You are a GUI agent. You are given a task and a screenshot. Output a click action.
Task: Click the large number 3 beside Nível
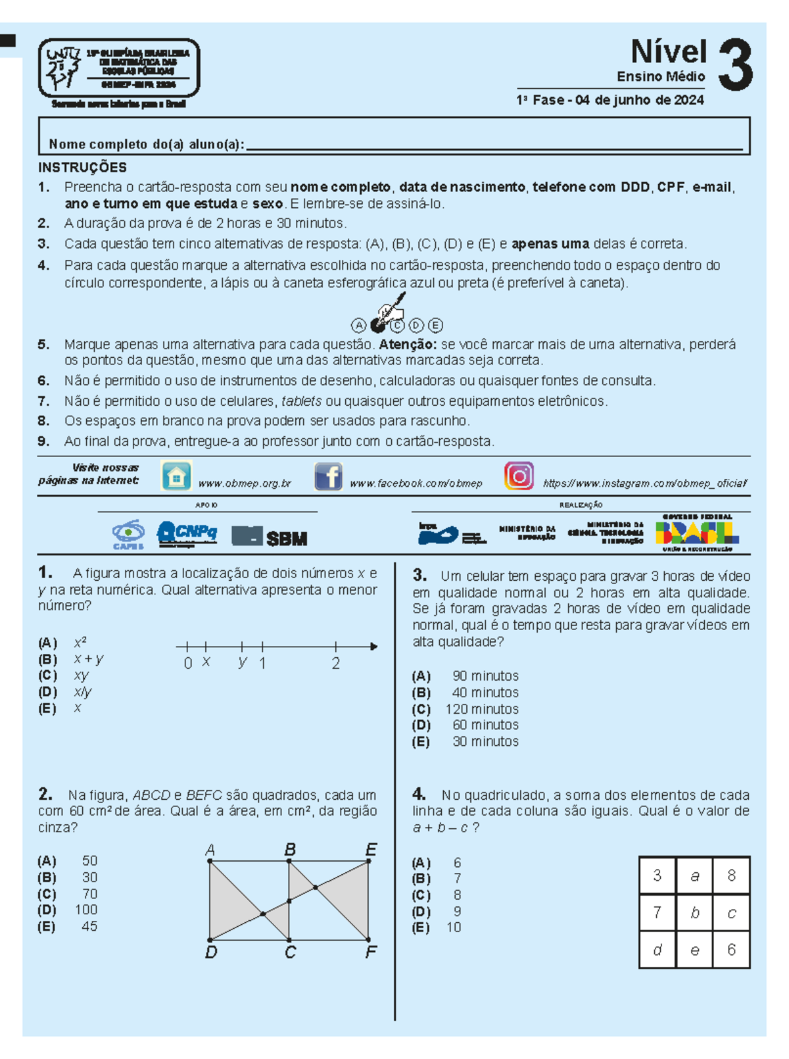pos(735,65)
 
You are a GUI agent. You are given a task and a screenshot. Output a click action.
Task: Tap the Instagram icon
pos(519,476)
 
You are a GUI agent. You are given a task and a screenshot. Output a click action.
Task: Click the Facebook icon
pos(328,476)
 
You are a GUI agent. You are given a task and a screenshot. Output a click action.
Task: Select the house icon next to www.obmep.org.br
pos(176,476)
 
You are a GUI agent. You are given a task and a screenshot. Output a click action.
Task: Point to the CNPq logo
pos(187,533)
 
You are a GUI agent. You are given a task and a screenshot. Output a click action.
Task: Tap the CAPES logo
pos(128,534)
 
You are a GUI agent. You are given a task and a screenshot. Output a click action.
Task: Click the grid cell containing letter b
pos(694,912)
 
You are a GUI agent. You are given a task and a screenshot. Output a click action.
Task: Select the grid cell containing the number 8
pos(731,875)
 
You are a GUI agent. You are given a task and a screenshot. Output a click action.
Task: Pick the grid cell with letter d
pos(657,950)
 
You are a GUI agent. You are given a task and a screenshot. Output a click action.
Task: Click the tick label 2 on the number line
pos(336,663)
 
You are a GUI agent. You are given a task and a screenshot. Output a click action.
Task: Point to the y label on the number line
pos(243,662)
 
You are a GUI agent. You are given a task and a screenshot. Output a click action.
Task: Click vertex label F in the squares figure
pos(371,952)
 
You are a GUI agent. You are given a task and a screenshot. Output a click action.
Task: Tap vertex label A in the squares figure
pos(210,850)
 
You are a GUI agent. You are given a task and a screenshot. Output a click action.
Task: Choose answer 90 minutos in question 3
pos(485,676)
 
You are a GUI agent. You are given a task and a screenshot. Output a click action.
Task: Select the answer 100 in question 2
pos(86,910)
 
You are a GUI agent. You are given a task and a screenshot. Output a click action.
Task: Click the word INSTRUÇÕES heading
pos(82,167)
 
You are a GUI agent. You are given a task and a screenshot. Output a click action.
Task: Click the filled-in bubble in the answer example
pos(377,325)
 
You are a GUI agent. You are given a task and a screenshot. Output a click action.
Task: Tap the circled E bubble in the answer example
pos(435,325)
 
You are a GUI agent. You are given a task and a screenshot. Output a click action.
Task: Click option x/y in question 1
pos(83,691)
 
